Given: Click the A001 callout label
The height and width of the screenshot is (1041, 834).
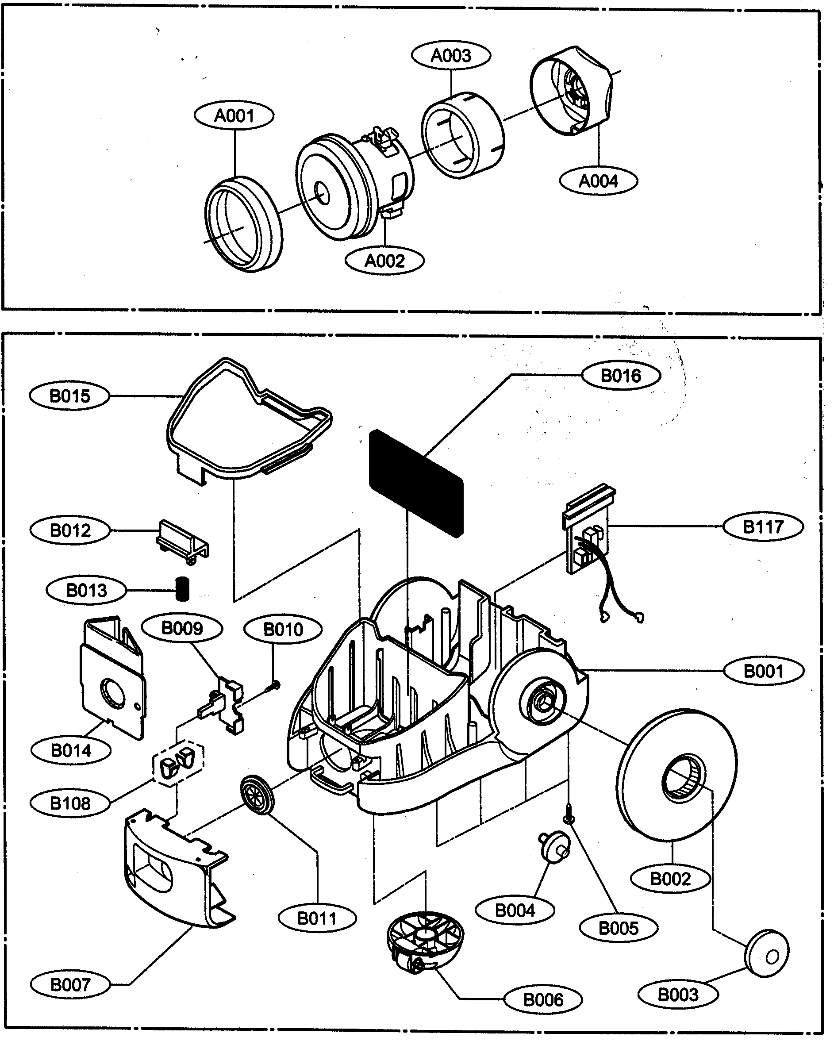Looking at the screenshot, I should pyautogui.click(x=234, y=116).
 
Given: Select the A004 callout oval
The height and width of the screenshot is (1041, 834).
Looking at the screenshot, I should pyautogui.click(x=598, y=181).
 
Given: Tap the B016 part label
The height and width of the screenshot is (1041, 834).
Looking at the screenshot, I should pyautogui.click(x=621, y=376).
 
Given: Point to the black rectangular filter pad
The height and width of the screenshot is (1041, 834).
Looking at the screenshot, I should pyautogui.click(x=416, y=483).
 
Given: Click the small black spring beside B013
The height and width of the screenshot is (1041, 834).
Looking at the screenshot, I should pyautogui.click(x=181, y=589).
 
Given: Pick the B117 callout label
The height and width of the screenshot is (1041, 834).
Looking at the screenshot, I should pyautogui.click(x=763, y=526).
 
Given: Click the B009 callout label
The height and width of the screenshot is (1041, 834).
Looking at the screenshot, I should pyautogui.click(x=182, y=628).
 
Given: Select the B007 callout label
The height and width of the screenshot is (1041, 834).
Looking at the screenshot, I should pyautogui.click(x=70, y=984).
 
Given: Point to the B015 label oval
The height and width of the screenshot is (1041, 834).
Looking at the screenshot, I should pyautogui.click(x=70, y=396).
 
